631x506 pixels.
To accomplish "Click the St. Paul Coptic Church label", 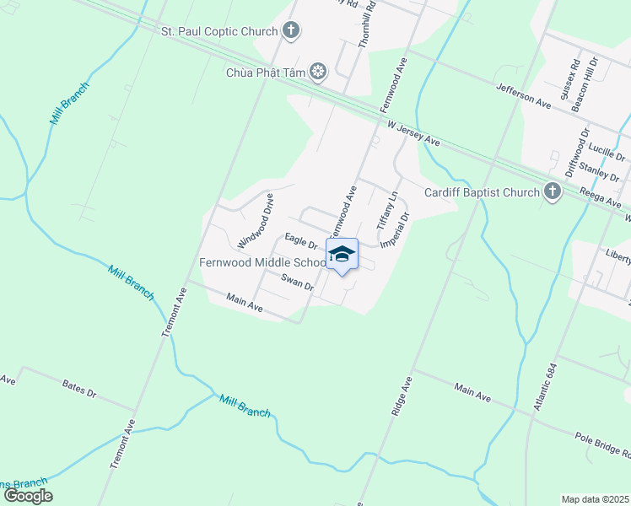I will pyautogui.click(x=219, y=32).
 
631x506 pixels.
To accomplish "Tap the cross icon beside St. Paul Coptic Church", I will pyautogui.click(x=291, y=32).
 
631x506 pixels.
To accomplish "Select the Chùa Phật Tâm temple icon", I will pyautogui.click(x=318, y=73).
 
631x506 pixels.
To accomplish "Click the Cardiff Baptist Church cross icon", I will pyautogui.click(x=553, y=192).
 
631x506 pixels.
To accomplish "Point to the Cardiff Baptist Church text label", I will pyautogui.click(x=481, y=192).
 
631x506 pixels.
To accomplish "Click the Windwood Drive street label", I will pyautogui.click(x=256, y=221).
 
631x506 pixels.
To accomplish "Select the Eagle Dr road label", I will pyautogui.click(x=300, y=242).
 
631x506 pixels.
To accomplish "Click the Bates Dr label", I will pyautogui.click(x=80, y=389).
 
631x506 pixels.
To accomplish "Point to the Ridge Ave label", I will pyautogui.click(x=400, y=395).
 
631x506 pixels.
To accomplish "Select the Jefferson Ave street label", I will pyautogui.click(x=523, y=94).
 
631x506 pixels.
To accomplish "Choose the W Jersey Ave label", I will pyautogui.click(x=413, y=132).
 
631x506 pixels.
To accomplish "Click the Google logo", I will pyautogui.click(x=27, y=496).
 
